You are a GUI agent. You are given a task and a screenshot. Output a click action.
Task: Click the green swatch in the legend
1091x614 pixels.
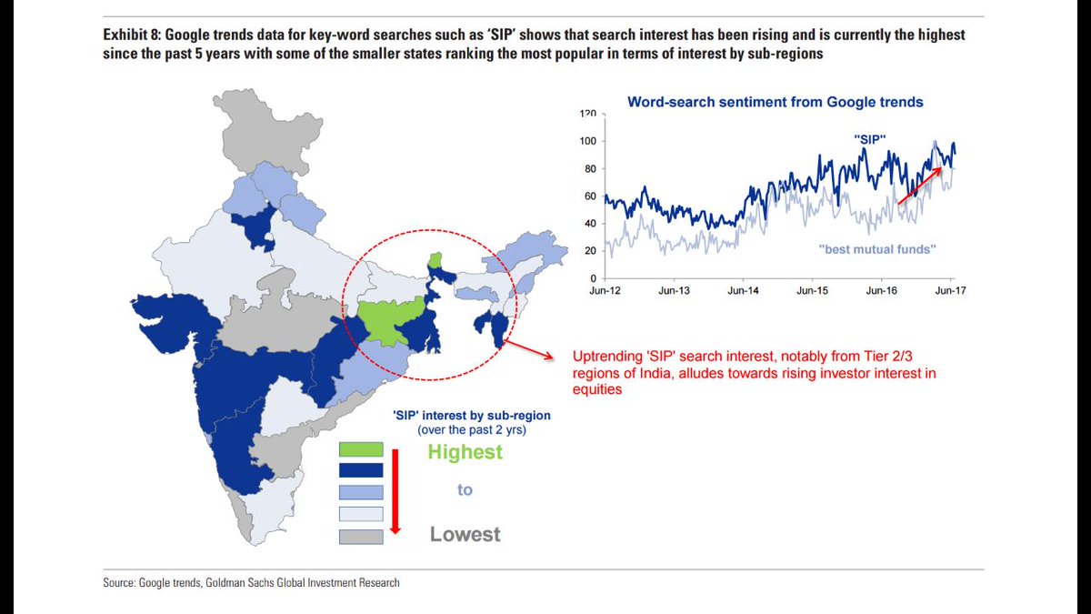click(x=361, y=449)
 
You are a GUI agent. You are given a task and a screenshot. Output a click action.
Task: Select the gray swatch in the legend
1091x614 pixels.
click(x=361, y=537)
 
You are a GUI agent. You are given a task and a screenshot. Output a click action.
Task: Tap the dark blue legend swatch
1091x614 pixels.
click(x=361, y=470)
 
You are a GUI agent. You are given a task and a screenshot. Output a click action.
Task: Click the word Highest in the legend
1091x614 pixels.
click(x=465, y=452)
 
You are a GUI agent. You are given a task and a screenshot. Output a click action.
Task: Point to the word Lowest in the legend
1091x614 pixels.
click(x=465, y=534)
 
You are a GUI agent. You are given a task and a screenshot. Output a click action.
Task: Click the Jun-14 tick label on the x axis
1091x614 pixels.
click(x=743, y=291)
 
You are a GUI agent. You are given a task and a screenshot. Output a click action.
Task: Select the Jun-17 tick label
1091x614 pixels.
click(x=950, y=291)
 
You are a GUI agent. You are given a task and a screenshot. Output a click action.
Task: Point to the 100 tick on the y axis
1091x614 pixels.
click(x=588, y=141)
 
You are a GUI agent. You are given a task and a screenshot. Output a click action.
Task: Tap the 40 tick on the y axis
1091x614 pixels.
click(x=590, y=224)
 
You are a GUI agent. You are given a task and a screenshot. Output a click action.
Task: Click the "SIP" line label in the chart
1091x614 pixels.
click(x=870, y=139)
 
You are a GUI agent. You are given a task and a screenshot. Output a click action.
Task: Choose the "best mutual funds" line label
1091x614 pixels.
click(x=877, y=249)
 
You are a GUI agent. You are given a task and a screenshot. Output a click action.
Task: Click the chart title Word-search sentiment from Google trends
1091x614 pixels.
click(x=776, y=102)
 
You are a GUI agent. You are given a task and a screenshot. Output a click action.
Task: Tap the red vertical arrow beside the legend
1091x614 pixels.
click(x=395, y=491)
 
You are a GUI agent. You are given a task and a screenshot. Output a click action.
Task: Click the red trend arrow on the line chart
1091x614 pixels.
click(x=919, y=186)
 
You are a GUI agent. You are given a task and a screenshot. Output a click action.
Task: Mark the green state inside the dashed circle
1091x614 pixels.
click(x=390, y=320)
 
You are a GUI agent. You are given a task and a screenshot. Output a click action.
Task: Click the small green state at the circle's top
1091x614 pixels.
click(x=435, y=260)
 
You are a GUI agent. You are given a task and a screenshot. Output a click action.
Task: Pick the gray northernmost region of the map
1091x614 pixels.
click(x=267, y=130)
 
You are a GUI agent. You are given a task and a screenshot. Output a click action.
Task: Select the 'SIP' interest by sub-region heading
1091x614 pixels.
click(x=472, y=416)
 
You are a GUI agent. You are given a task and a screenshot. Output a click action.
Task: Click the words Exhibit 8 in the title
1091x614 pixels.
click(x=131, y=35)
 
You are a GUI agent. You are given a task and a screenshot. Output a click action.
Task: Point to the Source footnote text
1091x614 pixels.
click(x=251, y=583)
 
